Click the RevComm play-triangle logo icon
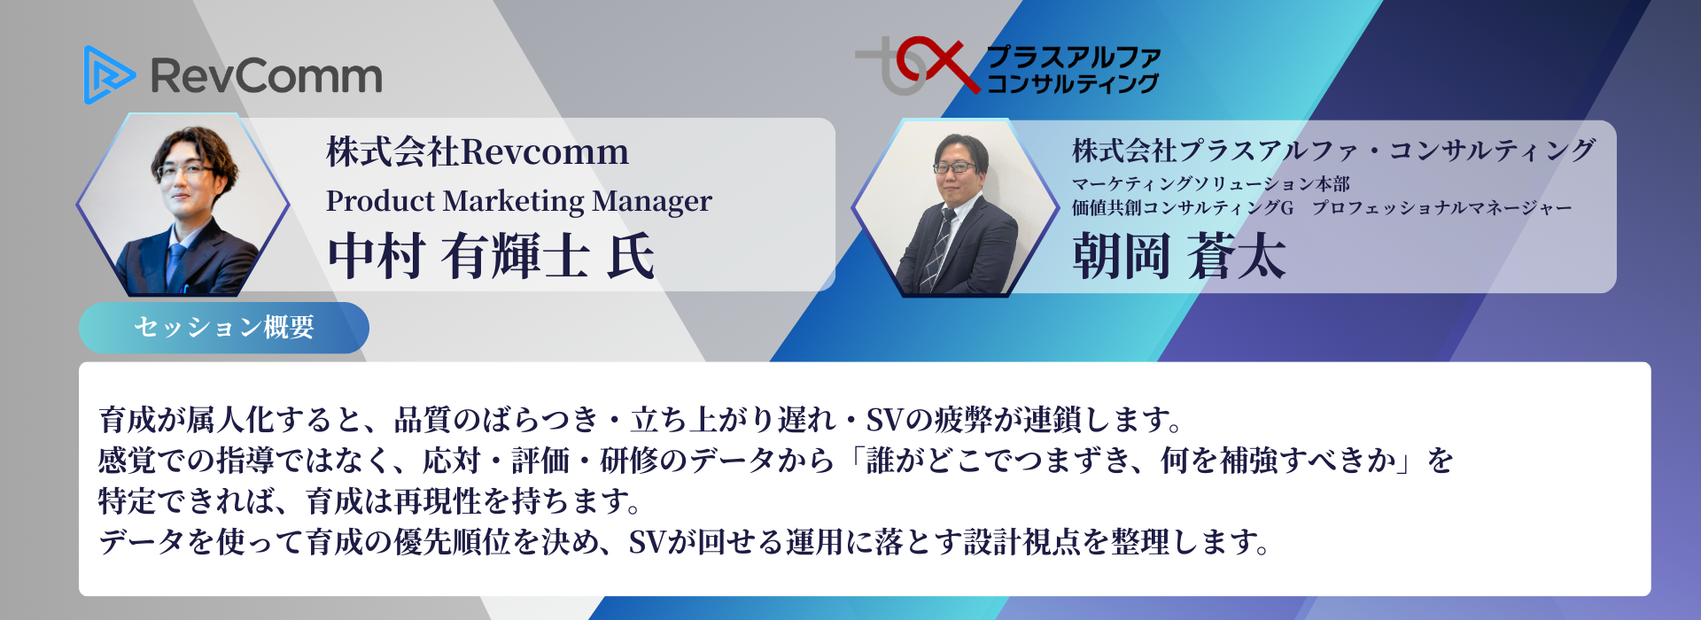click(108, 74)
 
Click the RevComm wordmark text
click(267, 76)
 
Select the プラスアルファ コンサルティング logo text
click(1073, 70)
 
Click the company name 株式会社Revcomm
click(478, 151)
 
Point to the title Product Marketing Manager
click(518, 202)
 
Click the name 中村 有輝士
click(458, 256)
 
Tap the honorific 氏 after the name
click(631, 256)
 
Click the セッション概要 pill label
click(224, 328)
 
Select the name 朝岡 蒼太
click(1178, 257)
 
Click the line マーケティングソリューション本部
click(1211, 183)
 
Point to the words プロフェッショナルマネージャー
click(1441, 208)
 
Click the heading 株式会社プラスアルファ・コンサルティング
click(1334, 151)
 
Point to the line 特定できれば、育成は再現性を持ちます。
click(369, 501)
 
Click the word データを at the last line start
click(156, 542)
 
